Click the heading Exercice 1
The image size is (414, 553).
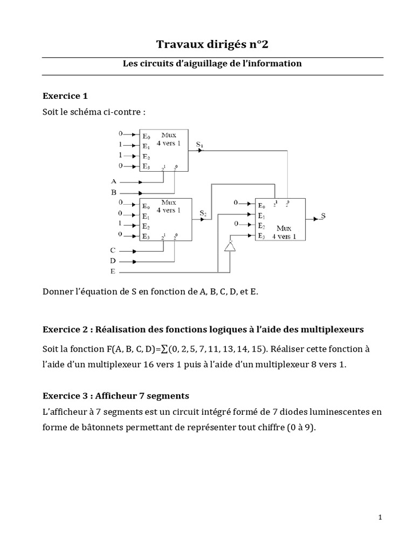click(65, 96)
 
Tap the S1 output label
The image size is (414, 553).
click(200, 144)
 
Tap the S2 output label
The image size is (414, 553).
click(203, 213)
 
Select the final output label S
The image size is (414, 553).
click(323, 215)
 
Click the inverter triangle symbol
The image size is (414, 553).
click(230, 246)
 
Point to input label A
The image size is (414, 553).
click(114, 181)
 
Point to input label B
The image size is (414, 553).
click(114, 192)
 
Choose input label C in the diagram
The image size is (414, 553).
click(113, 250)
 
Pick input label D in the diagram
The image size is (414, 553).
click(113, 260)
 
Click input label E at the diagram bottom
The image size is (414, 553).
click(112, 271)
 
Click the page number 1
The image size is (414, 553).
click(380, 517)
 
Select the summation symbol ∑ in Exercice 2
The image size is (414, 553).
click(164, 349)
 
